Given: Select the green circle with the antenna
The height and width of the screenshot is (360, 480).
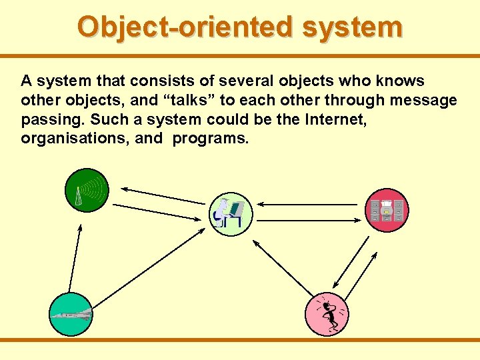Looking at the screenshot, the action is [x=86, y=191].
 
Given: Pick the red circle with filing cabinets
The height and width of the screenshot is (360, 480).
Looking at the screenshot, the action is [x=387, y=211].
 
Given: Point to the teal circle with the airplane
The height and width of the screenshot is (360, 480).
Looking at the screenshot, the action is [x=70, y=314].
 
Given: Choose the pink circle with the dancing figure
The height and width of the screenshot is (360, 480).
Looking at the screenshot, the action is [x=326, y=313].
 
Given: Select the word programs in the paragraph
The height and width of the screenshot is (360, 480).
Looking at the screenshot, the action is [x=211, y=138].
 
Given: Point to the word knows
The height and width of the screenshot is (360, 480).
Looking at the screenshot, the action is [x=399, y=81].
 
